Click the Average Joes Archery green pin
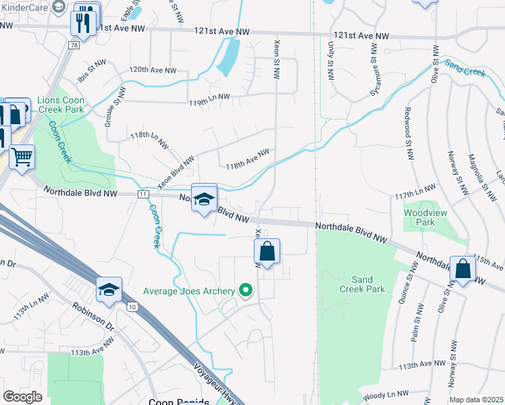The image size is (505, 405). (x=246, y=291)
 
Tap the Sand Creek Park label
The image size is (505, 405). (x=368, y=284)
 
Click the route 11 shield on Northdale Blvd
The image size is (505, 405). (x=142, y=194)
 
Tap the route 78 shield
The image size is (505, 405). (x=72, y=45)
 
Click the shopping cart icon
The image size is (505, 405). (x=22, y=157)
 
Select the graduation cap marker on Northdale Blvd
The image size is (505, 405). (x=203, y=198)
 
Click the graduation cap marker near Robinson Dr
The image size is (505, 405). (x=109, y=290)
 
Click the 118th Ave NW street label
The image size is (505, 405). (x=247, y=161)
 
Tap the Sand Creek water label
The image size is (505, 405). (x=465, y=69)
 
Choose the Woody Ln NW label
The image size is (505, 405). (x=385, y=394)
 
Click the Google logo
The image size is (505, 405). (x=22, y=397)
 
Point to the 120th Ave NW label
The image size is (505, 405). (x=153, y=70)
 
